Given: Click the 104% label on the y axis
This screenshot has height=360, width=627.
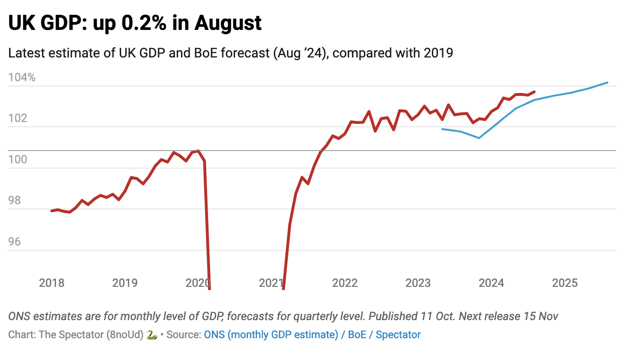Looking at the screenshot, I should click(22, 77).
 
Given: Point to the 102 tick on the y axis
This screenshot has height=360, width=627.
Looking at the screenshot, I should click(18, 118).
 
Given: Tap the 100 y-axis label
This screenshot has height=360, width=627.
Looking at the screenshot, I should click(18, 160).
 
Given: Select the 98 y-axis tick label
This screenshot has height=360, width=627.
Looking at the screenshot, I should click(14, 200).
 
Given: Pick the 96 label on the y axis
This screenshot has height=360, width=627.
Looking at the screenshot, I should click(14, 242).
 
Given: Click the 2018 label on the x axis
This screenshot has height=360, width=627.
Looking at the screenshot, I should click(51, 283).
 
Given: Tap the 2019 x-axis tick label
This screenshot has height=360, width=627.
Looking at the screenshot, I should click(125, 283).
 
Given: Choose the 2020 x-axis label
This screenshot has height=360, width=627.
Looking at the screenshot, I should click(198, 283).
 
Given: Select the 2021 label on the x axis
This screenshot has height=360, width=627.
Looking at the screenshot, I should click(271, 283).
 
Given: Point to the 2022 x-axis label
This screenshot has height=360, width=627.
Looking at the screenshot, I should click(345, 283).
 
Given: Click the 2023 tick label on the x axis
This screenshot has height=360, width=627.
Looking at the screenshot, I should click(418, 283).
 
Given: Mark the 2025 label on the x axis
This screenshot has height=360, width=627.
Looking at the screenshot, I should click(565, 283).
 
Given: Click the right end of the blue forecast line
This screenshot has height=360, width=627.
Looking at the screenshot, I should click(608, 83).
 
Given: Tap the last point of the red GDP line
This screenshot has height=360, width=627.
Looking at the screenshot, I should click(535, 92).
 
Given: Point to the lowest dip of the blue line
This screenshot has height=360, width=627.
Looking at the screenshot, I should click(479, 138).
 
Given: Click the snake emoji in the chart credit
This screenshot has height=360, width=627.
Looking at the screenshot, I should click(152, 334).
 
